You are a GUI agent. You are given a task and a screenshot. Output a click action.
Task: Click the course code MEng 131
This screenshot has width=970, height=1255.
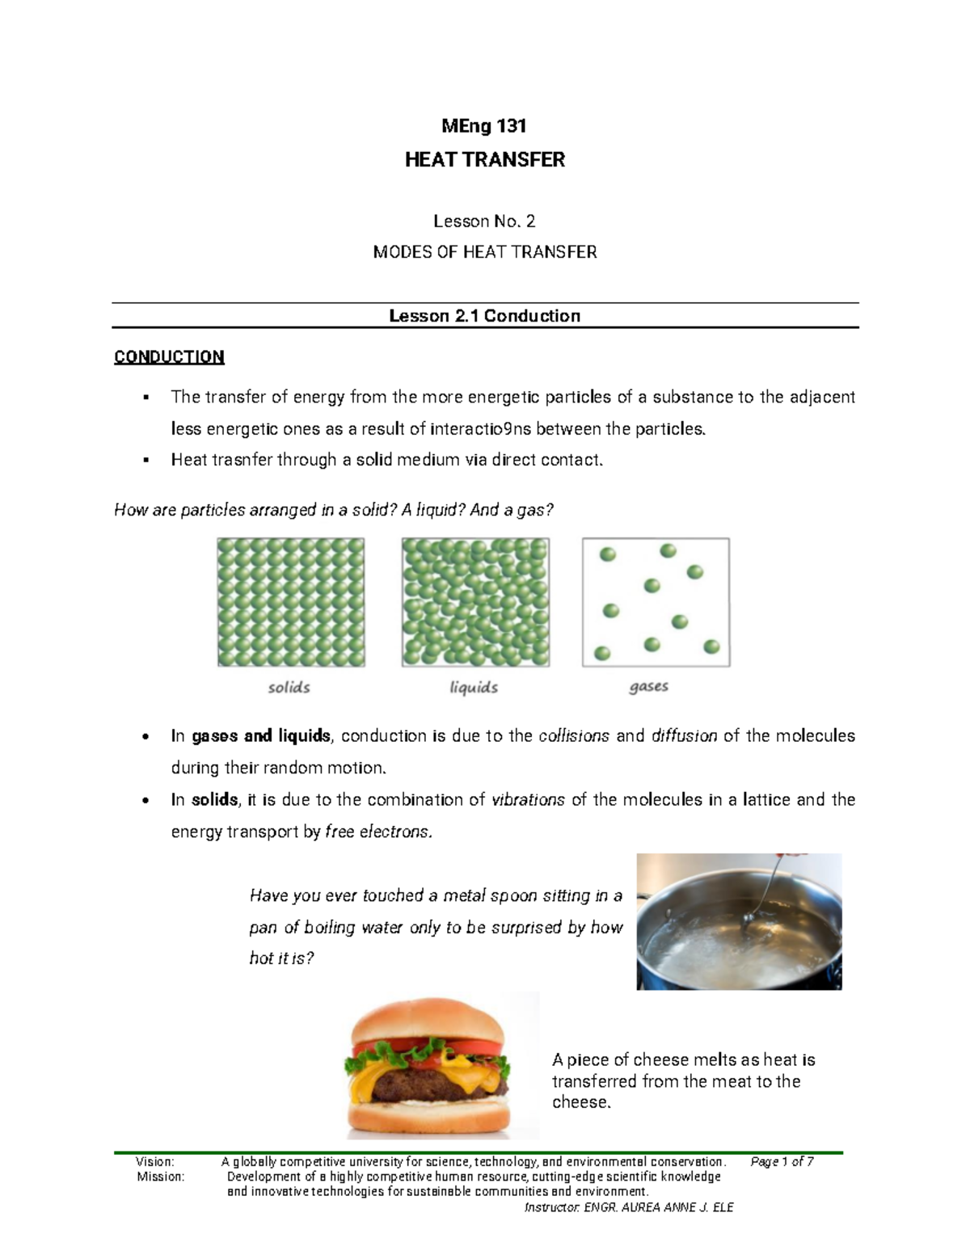tap(484, 126)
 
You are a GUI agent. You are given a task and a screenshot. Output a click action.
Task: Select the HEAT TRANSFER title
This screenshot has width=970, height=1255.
tap(484, 160)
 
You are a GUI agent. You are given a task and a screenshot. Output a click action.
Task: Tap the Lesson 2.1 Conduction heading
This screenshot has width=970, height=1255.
tap(484, 316)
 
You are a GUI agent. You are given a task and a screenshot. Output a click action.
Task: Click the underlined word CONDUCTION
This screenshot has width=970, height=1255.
tap(169, 357)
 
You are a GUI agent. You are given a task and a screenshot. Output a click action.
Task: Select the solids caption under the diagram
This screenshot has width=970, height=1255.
tap(289, 688)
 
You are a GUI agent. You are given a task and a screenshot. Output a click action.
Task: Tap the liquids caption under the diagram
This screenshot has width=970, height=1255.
tap(474, 688)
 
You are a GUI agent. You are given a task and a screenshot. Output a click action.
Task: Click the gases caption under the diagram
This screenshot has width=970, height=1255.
tap(648, 687)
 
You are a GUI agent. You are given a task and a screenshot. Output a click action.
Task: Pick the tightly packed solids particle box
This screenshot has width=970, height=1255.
tap(291, 602)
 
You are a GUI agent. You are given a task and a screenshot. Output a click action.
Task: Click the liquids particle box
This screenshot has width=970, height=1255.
tap(475, 602)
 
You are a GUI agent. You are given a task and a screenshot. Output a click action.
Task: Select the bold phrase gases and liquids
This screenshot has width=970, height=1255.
tap(261, 736)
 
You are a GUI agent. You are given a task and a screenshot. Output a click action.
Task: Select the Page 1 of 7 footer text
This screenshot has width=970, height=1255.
tap(782, 1162)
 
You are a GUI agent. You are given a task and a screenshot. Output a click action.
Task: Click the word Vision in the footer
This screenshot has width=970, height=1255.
tap(155, 1162)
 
